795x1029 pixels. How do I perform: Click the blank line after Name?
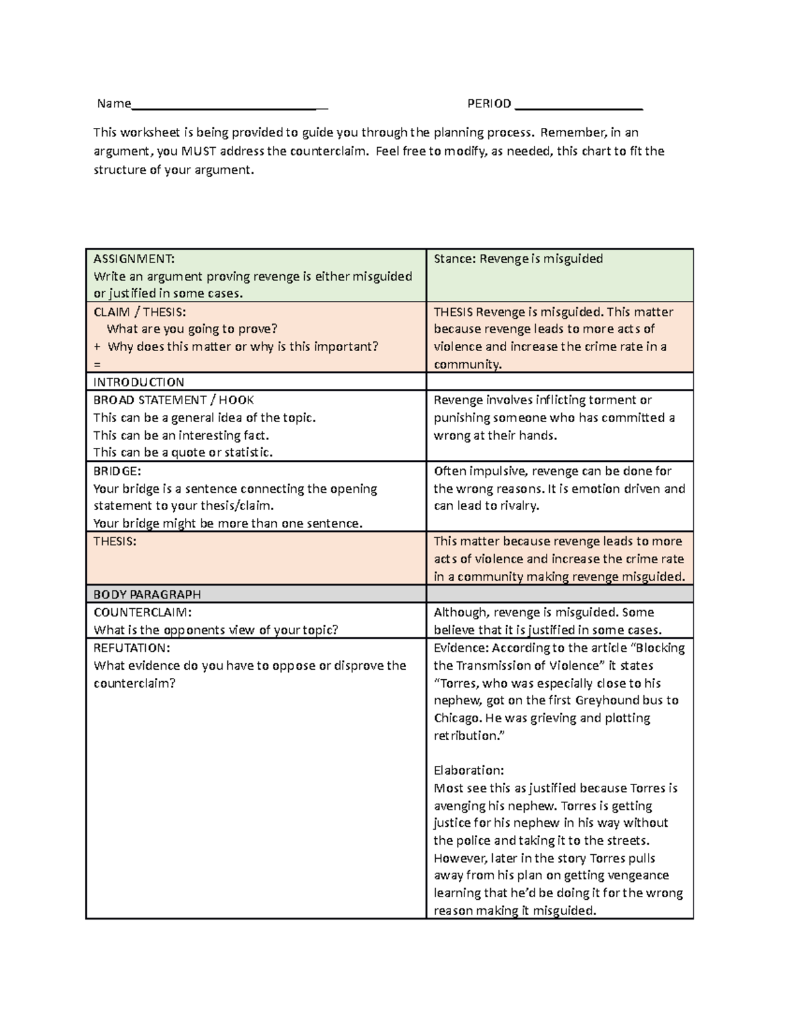[229, 105]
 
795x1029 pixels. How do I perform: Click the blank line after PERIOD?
[578, 105]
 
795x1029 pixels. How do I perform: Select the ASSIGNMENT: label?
[134, 258]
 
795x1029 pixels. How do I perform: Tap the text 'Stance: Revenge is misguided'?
[518, 258]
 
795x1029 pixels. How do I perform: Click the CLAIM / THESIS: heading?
[140, 311]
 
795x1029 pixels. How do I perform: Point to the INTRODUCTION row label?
[138, 382]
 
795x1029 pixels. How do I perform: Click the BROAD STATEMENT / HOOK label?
[174, 400]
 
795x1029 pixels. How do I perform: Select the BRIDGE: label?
[117, 471]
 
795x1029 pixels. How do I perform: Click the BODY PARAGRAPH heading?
[147, 594]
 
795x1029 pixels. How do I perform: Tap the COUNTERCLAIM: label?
[142, 612]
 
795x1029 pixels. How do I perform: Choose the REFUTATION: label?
[132, 648]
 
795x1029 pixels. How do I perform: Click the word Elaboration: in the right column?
[469, 771]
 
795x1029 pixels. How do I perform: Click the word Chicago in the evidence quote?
[456, 718]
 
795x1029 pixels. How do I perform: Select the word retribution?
[465, 735]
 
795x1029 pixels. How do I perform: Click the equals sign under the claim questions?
[97, 364]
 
